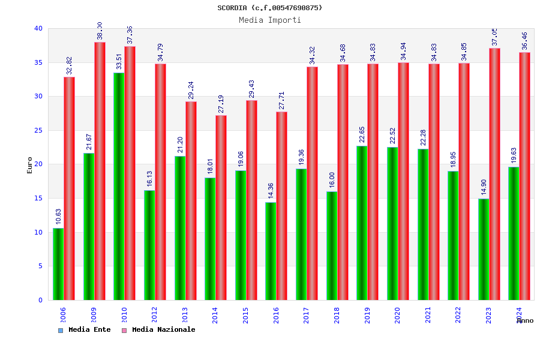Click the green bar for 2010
[119, 186]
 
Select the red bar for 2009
[100, 171]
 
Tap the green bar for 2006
[58, 264]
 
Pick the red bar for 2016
[282, 206]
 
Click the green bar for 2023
[484, 249]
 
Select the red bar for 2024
[525, 176]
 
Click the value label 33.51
[119, 62]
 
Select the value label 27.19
[221, 104]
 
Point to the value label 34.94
[404, 52]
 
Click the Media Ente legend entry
[85, 329]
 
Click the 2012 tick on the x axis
[155, 315]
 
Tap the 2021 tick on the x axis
[428, 315]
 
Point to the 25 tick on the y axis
[38, 130]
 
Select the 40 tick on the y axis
[38, 28]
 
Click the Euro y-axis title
[30, 165]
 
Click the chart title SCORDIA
[270, 8]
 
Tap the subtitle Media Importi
[270, 20]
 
